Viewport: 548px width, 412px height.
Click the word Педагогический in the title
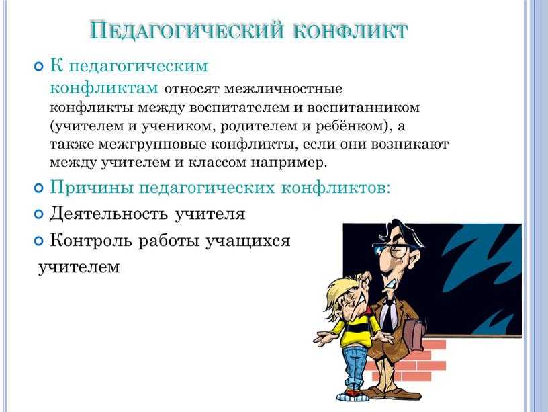coord(186,30)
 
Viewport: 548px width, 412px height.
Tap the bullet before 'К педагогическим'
coord(39,66)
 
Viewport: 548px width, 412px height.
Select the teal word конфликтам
coord(104,88)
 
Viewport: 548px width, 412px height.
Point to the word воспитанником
coord(363,107)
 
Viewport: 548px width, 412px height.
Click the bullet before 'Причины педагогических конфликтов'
coord(39,188)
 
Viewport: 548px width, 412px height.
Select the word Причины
coord(92,188)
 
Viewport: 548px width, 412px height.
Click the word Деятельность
coord(108,213)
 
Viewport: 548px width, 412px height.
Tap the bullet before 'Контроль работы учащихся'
coord(39,241)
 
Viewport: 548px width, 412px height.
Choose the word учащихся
coord(247,241)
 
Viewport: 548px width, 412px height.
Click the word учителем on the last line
coord(79,267)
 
